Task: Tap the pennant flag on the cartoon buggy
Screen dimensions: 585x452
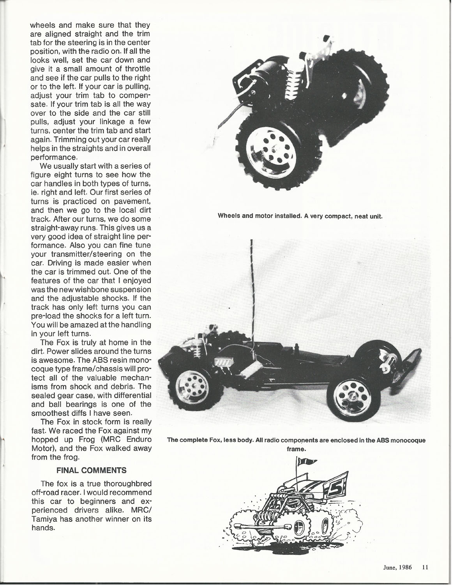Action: coord(304,462)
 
